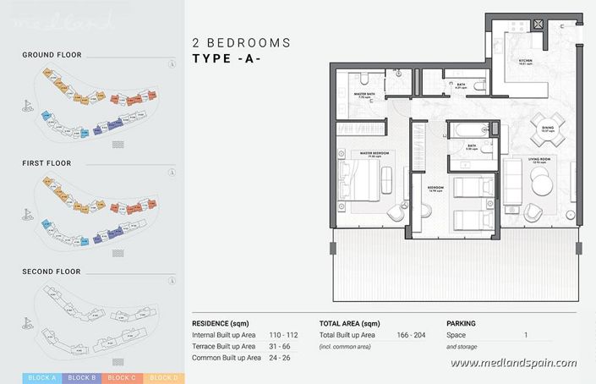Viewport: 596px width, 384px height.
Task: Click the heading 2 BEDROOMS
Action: click(x=242, y=42)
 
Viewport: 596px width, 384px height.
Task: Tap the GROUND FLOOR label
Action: click(x=52, y=55)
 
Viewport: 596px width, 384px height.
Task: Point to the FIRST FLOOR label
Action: click(x=47, y=162)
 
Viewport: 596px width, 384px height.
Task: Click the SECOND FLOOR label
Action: click(x=52, y=272)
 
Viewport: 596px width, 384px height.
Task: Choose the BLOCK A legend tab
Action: click(x=41, y=376)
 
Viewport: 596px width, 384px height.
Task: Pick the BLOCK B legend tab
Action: click(x=81, y=376)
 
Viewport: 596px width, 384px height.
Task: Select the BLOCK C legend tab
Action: click(x=121, y=376)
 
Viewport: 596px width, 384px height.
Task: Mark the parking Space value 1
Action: click(x=526, y=335)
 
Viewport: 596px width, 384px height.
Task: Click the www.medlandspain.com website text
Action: click(x=513, y=363)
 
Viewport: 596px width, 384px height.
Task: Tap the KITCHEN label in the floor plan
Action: click(x=524, y=62)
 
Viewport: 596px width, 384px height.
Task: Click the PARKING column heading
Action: click(x=461, y=323)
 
